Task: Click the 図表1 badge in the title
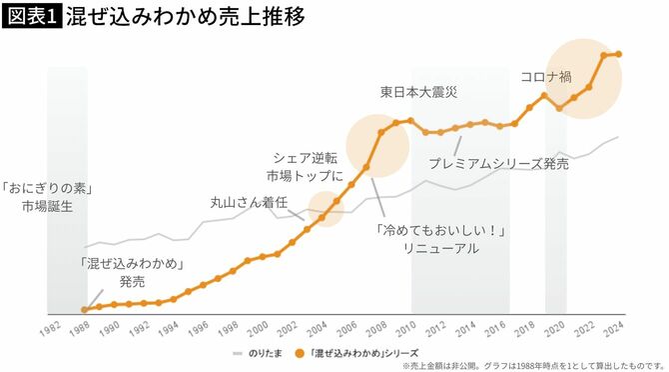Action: click(x=31, y=18)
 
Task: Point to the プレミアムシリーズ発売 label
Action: click(x=498, y=163)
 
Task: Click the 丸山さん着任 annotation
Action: click(x=243, y=201)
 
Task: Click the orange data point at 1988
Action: click(x=85, y=309)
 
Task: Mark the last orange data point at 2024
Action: click(x=618, y=54)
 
